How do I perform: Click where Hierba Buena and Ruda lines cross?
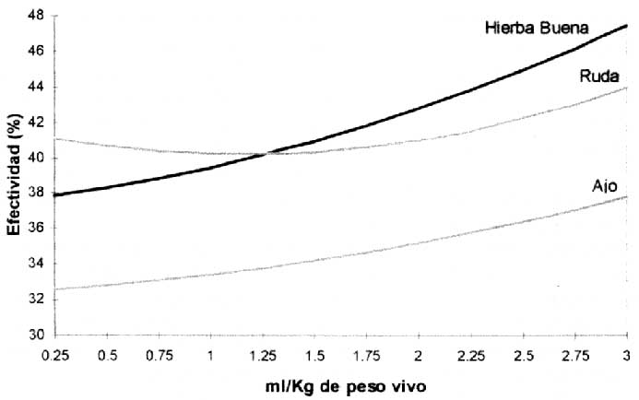click(x=266, y=153)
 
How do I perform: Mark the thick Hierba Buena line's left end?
click(x=55, y=195)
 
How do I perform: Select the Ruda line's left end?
click(x=55, y=138)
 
